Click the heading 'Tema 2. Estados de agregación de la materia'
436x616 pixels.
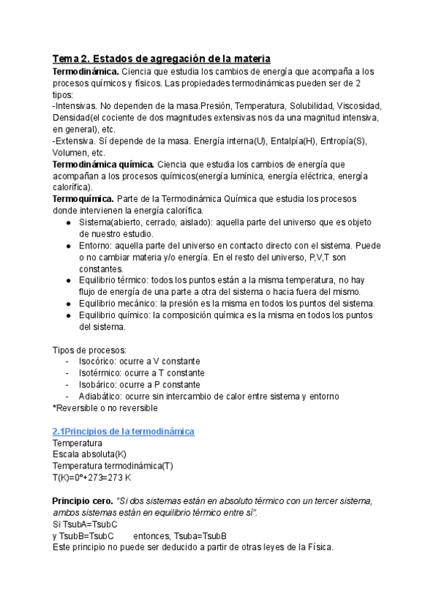click(161, 58)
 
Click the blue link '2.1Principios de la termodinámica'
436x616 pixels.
click(124, 431)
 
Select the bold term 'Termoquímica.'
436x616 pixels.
click(81, 198)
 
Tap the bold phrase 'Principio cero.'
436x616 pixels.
click(82, 501)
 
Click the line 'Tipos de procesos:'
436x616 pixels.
click(89, 349)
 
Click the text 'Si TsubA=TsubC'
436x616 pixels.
click(86, 524)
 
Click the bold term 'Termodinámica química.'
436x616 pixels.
click(103, 163)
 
